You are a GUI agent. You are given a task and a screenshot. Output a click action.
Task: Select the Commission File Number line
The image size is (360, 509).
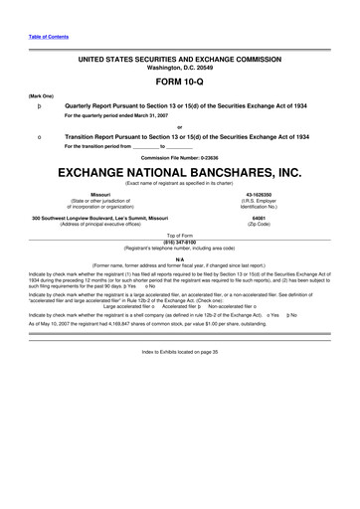(179, 157)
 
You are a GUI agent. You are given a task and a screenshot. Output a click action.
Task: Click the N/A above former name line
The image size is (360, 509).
(179, 258)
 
